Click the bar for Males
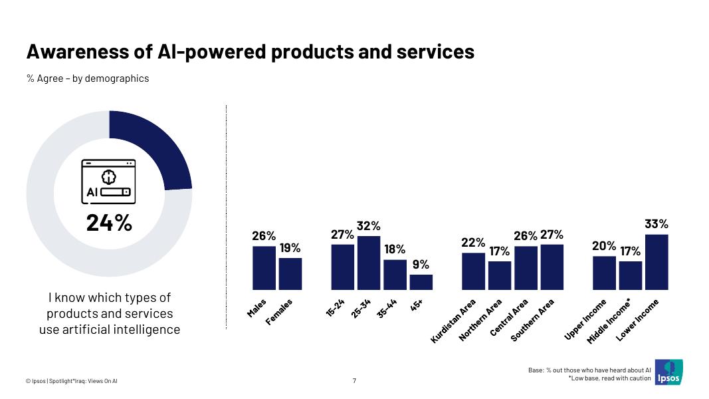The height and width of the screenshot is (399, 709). tap(264, 268)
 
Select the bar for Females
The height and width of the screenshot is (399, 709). tap(290, 274)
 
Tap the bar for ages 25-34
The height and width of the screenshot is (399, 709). tap(369, 263)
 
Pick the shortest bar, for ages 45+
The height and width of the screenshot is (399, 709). tap(421, 283)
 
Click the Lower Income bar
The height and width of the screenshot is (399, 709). tap(657, 263)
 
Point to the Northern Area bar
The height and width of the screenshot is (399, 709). tap(500, 276)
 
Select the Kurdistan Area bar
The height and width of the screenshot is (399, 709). tap(473, 271)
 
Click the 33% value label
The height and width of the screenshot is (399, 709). tap(657, 225)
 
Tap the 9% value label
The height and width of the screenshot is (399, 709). tap(421, 265)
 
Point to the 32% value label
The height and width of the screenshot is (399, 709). tap(369, 226)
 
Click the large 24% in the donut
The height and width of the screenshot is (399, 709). tap(109, 223)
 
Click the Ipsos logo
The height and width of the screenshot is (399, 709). tap(668, 372)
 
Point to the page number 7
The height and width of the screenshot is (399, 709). tap(354, 381)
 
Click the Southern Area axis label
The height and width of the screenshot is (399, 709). tap(532, 321)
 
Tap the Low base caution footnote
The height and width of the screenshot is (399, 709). tap(610, 378)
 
